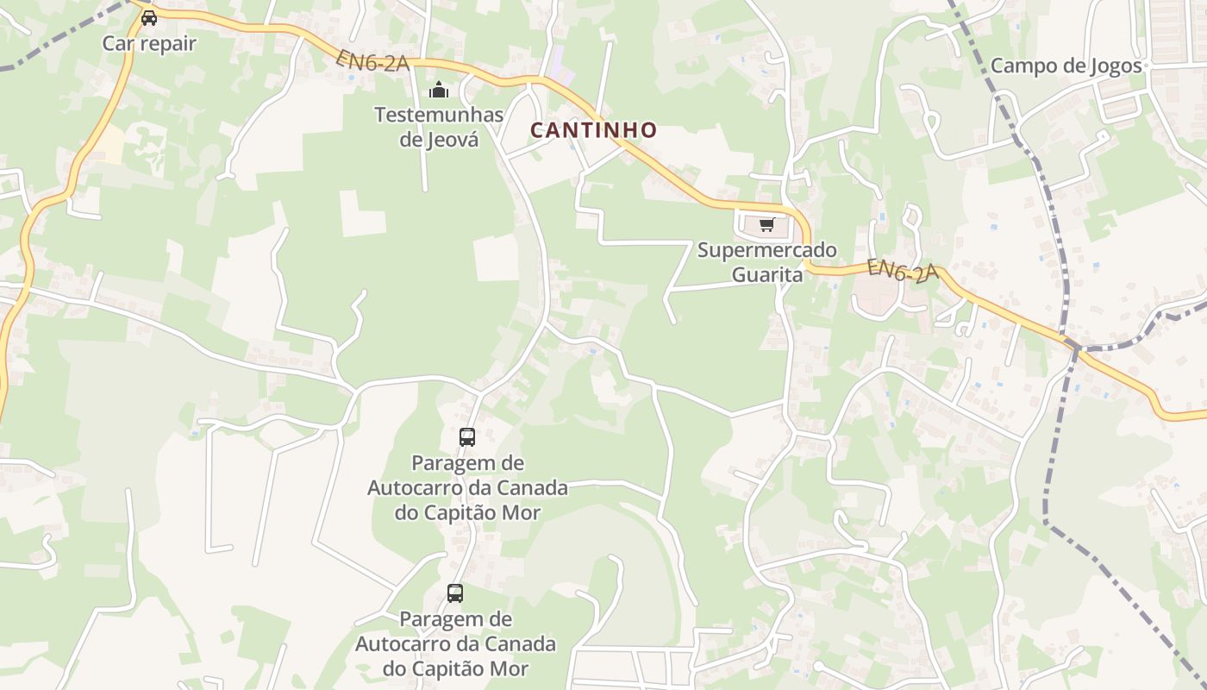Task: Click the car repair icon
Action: point(149,17)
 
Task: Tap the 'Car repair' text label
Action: point(149,43)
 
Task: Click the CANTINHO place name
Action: point(593,130)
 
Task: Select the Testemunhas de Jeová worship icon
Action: point(439,90)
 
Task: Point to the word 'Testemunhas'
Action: point(439,114)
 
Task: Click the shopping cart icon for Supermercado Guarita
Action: point(766,225)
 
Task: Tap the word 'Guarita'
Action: point(767,275)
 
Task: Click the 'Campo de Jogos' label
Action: point(1066,66)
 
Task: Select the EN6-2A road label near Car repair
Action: point(372,60)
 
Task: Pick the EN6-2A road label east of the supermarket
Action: point(903,271)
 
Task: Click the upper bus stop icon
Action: point(467,437)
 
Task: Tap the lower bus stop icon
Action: point(455,593)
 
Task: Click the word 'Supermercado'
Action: point(766,250)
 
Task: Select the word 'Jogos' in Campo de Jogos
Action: point(1116,66)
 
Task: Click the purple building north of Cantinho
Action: point(560,66)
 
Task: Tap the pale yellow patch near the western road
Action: point(107,142)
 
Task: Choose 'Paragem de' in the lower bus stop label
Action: point(455,619)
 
